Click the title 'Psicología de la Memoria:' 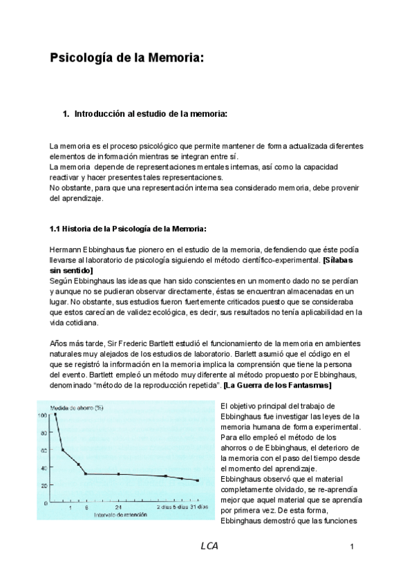click(126, 58)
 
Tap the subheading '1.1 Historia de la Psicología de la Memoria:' click(128, 229)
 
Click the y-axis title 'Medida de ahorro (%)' click(72, 408)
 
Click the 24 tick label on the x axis click(119, 507)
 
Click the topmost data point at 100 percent click(55, 415)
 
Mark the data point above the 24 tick click(119, 474)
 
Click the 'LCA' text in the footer click(209, 546)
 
